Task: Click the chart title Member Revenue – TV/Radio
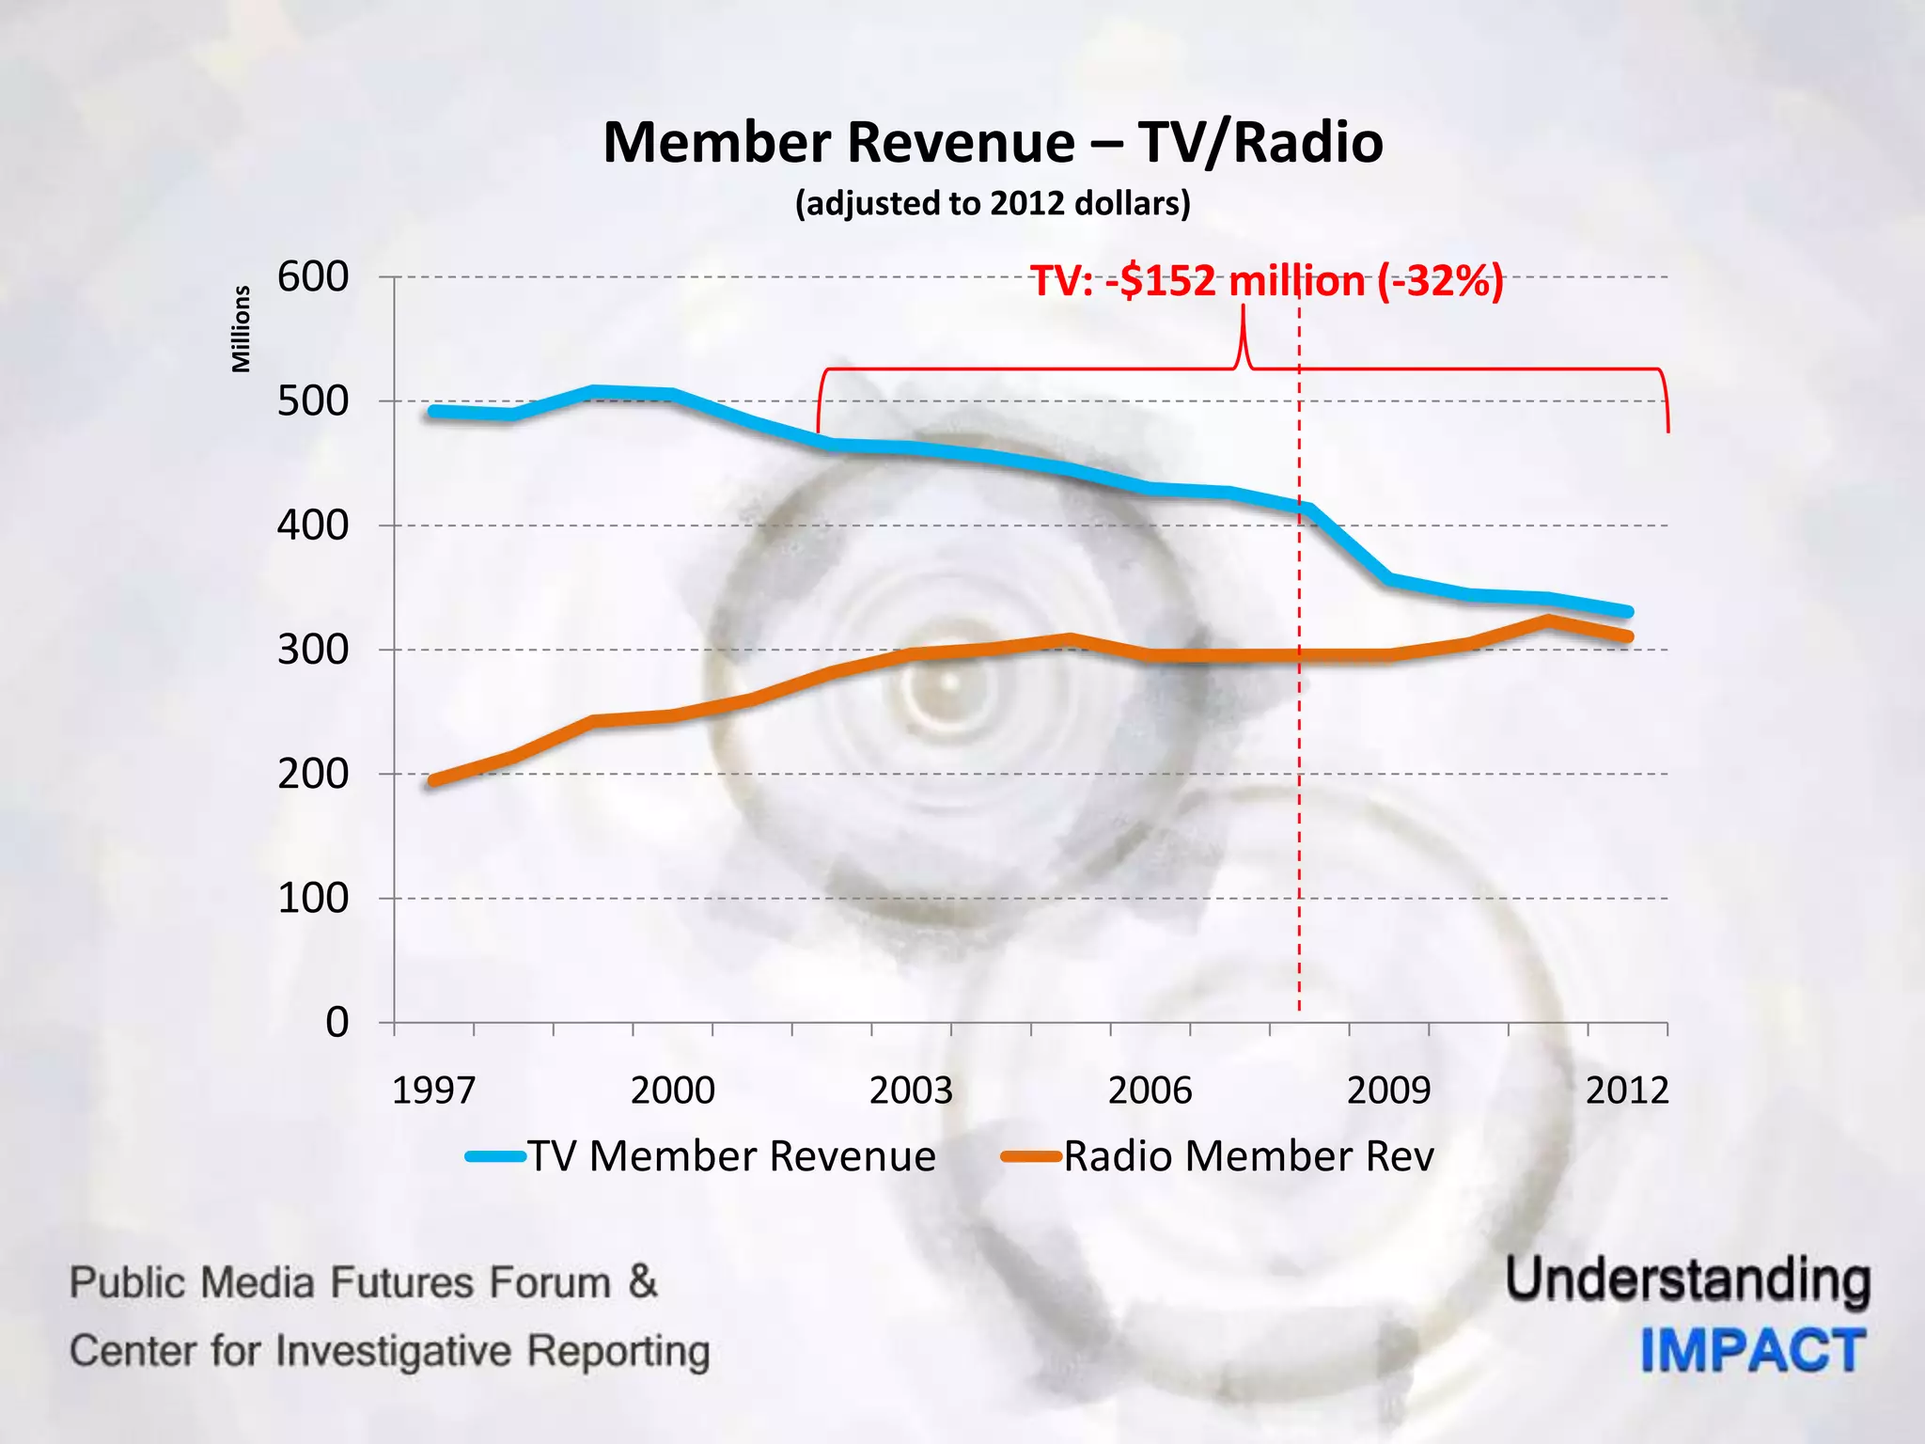point(993,143)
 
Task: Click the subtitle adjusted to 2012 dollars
point(993,203)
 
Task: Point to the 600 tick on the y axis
point(313,277)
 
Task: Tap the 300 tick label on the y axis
point(313,650)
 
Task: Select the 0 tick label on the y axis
point(336,1022)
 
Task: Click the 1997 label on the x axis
point(433,1091)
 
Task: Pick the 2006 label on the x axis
point(1150,1091)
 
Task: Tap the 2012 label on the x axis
point(1627,1091)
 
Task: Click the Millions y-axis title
point(242,329)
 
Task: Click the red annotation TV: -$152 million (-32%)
point(1267,281)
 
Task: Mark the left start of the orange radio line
point(433,780)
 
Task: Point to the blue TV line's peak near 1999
point(593,391)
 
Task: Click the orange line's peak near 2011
point(1547,620)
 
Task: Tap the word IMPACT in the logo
point(1753,1351)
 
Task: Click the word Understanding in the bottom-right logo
point(1688,1281)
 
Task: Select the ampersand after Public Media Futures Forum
point(643,1281)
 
